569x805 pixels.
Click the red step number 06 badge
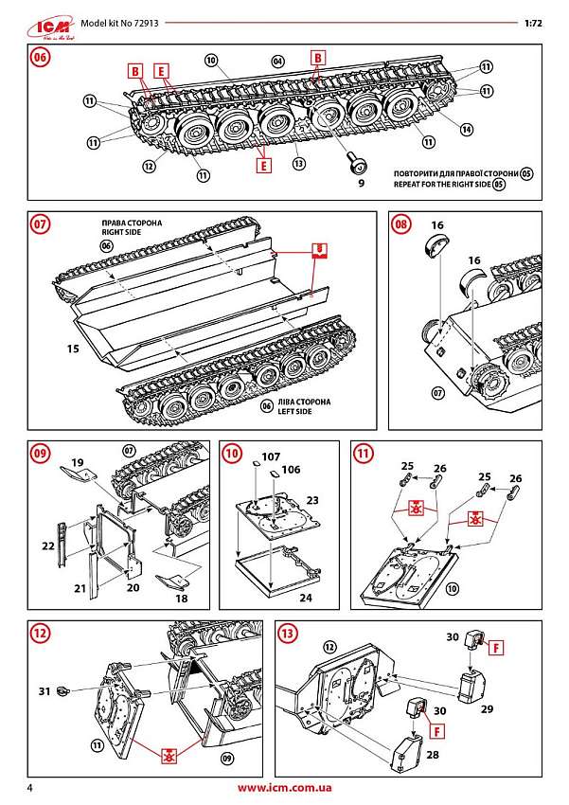pos(40,57)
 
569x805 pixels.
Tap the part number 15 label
pos(72,349)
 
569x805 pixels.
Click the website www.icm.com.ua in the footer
pos(284,788)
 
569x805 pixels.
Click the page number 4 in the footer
pos(31,788)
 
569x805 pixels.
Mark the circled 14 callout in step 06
pos(465,129)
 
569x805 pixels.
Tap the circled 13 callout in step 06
pos(299,163)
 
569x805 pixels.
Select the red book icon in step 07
pos(321,251)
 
